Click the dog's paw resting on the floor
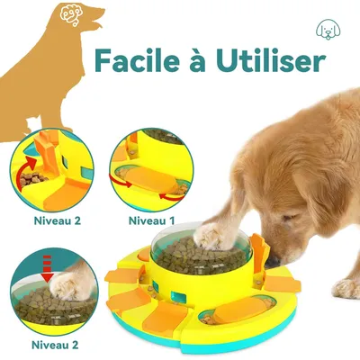[x=346, y=287]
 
